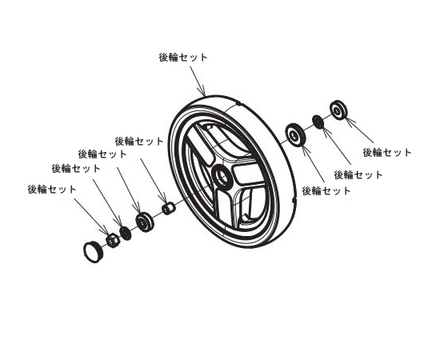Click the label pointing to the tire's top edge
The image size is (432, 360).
click(184, 57)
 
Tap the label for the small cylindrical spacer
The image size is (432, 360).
click(140, 140)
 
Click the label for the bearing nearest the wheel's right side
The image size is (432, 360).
click(326, 191)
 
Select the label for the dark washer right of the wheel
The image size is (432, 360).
click(358, 174)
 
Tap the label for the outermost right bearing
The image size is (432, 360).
click(387, 152)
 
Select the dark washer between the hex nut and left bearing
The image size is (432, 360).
click(125, 233)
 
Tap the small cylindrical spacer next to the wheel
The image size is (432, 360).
click(168, 210)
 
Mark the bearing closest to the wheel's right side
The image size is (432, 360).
click(295, 134)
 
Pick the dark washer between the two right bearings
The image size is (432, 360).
click(318, 122)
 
